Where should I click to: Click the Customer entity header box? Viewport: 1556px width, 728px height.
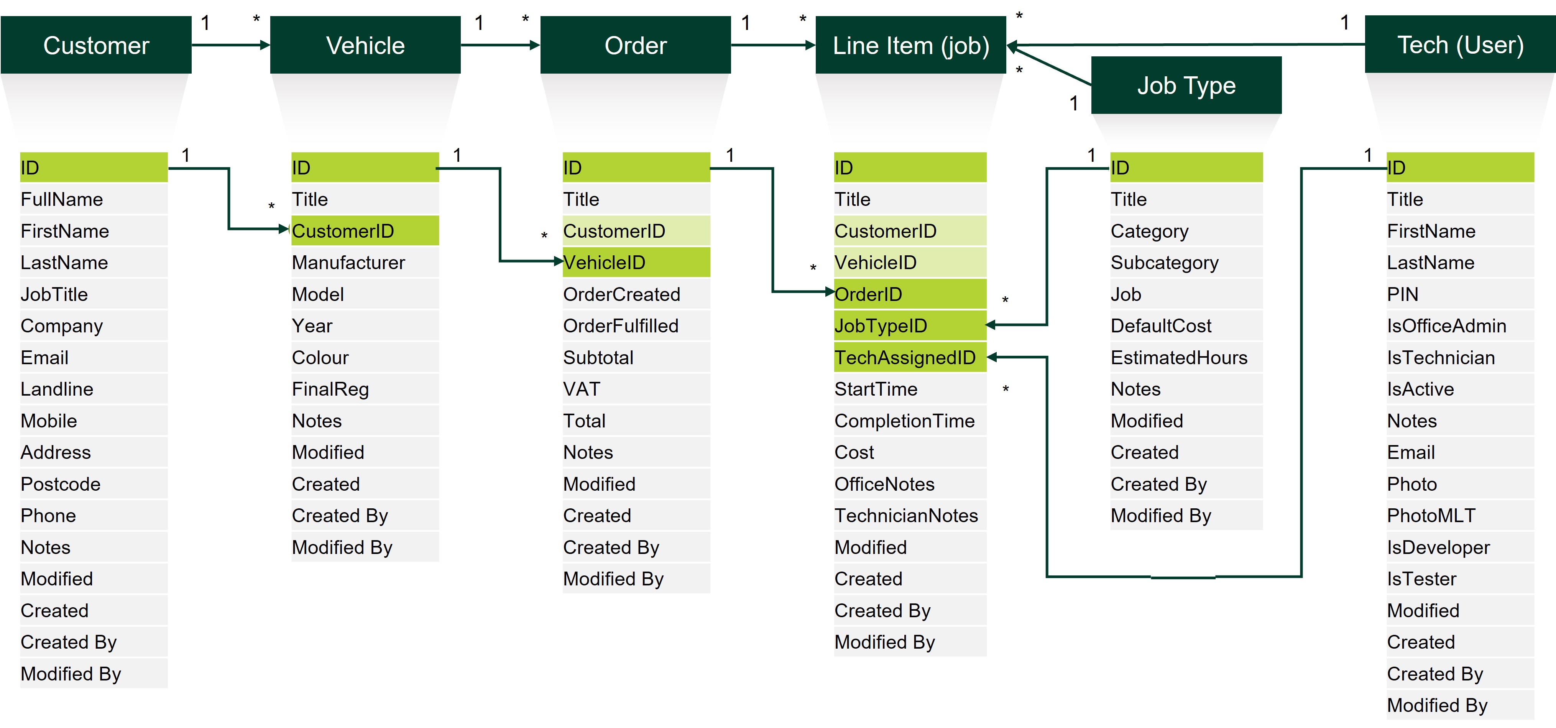tap(96, 45)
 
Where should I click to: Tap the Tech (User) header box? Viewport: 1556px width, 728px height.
tap(1459, 45)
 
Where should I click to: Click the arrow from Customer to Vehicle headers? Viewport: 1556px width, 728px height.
tap(230, 45)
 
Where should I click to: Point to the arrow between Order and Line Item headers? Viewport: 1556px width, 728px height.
tap(772, 45)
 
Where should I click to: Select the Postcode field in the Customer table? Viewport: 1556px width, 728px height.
tap(94, 484)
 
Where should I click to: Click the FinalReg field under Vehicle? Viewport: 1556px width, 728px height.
tap(364, 389)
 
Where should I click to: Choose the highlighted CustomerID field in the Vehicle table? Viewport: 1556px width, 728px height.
tap(364, 231)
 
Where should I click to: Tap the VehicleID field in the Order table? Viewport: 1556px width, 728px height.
tap(636, 262)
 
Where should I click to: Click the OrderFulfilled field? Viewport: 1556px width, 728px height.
tap(636, 325)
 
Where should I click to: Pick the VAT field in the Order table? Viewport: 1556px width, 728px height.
tap(636, 389)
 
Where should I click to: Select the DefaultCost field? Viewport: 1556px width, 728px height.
tap(1185, 325)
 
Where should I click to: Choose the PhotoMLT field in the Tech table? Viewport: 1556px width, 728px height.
tap(1459, 515)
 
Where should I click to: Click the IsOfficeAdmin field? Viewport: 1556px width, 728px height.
tap(1459, 325)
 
